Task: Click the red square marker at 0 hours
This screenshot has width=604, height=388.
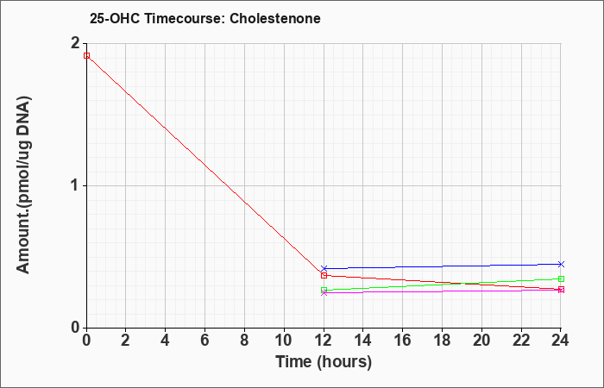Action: click(x=86, y=55)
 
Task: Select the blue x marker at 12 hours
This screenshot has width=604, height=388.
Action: click(x=324, y=268)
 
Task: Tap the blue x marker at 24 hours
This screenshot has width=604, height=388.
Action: click(x=561, y=264)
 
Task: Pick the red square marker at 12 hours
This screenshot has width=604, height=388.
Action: click(x=324, y=275)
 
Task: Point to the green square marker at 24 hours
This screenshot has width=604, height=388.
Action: click(x=561, y=278)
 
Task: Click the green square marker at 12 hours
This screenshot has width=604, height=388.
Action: click(x=324, y=290)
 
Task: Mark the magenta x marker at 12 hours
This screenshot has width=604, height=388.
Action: click(x=324, y=293)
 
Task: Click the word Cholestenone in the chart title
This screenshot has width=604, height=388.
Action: click(x=275, y=18)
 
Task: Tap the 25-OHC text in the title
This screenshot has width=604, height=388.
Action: click(x=115, y=18)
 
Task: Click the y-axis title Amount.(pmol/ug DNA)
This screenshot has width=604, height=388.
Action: click(x=23, y=185)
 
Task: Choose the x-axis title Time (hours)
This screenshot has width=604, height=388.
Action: click(x=324, y=362)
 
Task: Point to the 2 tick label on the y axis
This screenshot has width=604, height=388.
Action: click(x=76, y=43)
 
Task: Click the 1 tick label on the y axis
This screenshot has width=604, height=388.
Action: click(x=76, y=185)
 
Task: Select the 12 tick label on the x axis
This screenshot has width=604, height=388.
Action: click(x=324, y=341)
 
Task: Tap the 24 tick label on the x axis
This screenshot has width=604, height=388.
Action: click(x=561, y=341)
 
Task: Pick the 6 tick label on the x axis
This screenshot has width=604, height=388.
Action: click(x=205, y=341)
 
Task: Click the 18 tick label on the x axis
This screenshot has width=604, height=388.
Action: click(x=442, y=341)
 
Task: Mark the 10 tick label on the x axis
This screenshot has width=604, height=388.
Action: click(x=284, y=341)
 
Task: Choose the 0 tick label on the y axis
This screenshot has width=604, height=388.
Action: click(x=76, y=328)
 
